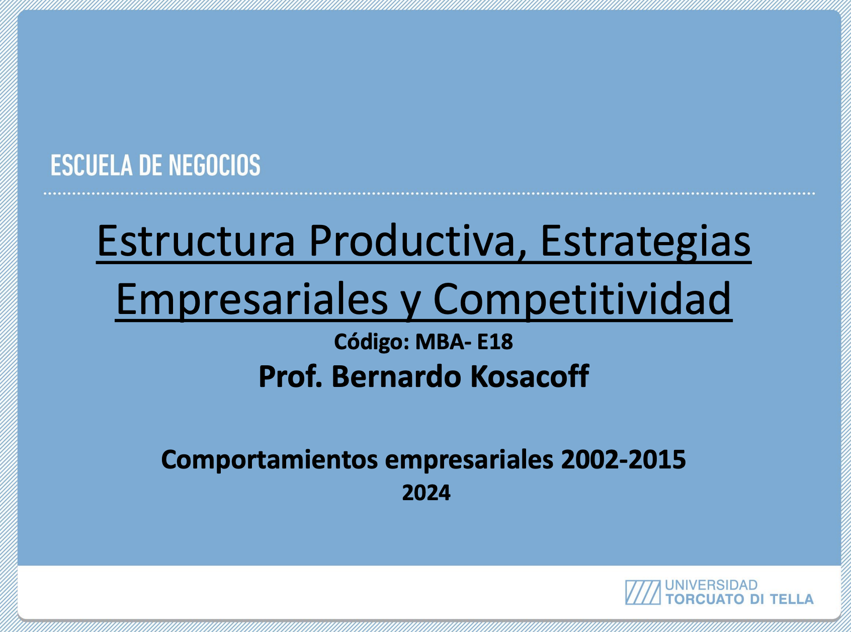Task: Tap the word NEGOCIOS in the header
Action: (215, 166)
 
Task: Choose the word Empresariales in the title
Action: (252, 299)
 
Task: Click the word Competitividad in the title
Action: (582, 299)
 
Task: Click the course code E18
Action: (495, 342)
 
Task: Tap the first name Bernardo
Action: (396, 376)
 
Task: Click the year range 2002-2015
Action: (623, 459)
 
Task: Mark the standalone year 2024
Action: (426, 493)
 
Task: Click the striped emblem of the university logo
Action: (642, 592)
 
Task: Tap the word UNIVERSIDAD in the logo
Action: (711, 585)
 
